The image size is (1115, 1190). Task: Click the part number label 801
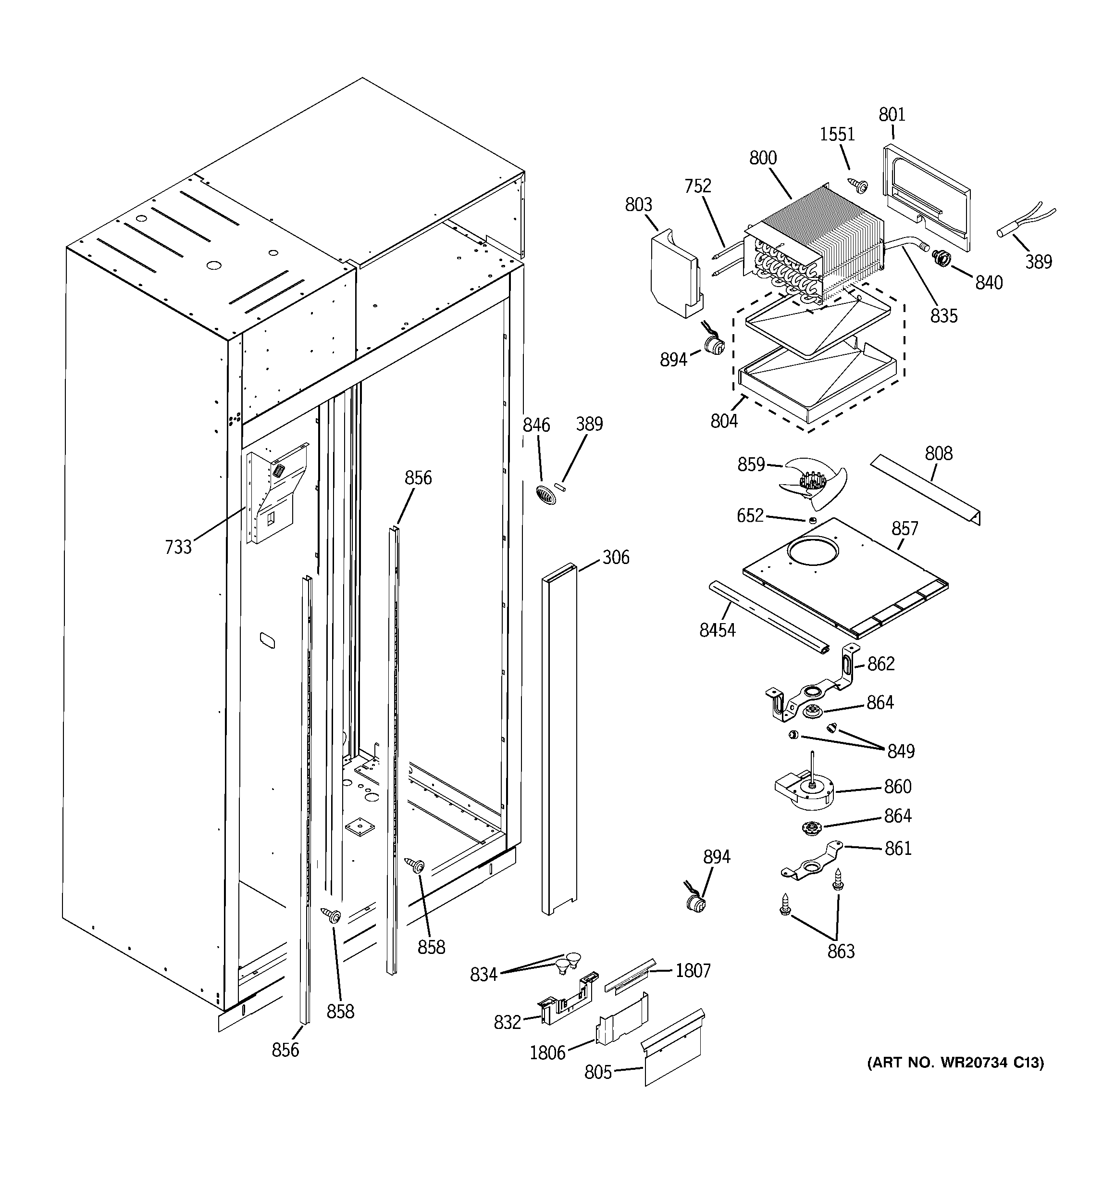pyautogui.click(x=892, y=114)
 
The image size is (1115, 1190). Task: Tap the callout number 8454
pyautogui.click(x=717, y=630)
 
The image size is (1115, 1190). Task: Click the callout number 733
pyautogui.click(x=178, y=547)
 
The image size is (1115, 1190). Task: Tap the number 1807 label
pyautogui.click(x=693, y=970)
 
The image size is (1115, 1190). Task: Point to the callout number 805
pyautogui.click(x=598, y=1072)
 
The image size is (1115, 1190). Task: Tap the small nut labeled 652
pyautogui.click(x=812, y=520)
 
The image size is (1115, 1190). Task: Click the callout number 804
pyautogui.click(x=724, y=421)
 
